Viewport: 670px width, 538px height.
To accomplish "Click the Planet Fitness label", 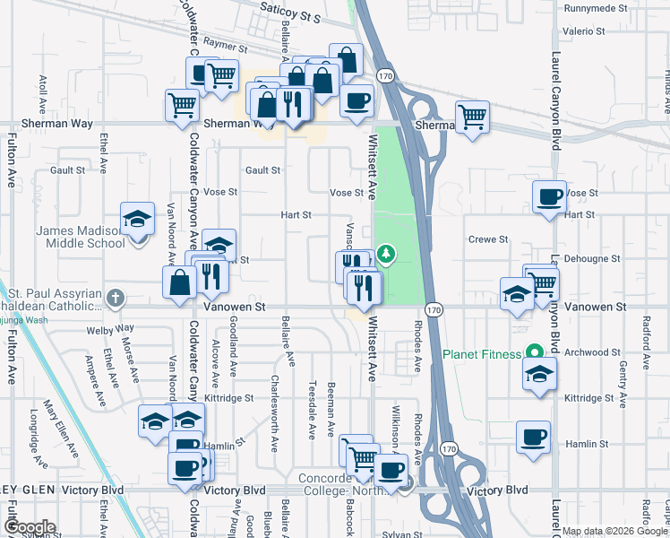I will click(482, 353).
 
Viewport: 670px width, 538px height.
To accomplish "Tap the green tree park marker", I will click(386, 255).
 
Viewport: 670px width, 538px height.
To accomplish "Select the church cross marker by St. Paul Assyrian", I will click(114, 297).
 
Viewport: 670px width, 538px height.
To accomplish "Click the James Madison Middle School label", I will click(80, 237).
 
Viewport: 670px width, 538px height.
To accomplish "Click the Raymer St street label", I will click(224, 44).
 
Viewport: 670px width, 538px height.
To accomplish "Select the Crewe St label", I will click(488, 239).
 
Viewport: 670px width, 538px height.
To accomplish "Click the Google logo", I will click(30, 526).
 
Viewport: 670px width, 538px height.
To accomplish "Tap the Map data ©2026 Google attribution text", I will click(614, 531).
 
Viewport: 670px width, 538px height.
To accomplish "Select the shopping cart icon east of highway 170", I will click(472, 116).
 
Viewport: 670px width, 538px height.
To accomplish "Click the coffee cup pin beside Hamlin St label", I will click(533, 438).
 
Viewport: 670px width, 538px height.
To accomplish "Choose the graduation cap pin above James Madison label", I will click(137, 218).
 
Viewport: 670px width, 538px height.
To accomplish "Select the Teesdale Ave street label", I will click(312, 419).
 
